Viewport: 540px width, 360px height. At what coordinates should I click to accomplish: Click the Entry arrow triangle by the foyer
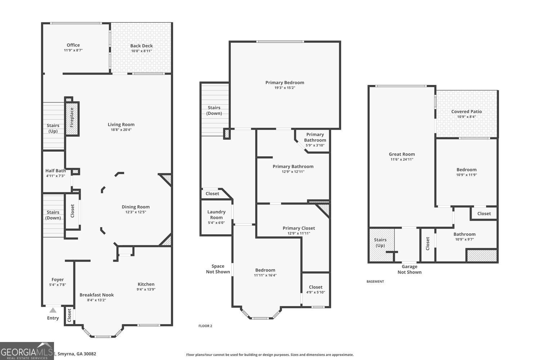click(x=53, y=310)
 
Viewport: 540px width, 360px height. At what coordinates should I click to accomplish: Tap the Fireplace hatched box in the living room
click(x=72, y=118)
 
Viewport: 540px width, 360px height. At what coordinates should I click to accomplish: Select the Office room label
click(x=73, y=45)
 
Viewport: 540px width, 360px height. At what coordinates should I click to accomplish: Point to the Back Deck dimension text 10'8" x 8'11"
click(x=141, y=51)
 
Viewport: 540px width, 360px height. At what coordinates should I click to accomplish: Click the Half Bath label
click(x=55, y=171)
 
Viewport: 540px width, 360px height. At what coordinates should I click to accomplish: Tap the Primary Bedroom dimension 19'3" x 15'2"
click(x=285, y=88)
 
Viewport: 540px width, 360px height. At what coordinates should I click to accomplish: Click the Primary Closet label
click(x=298, y=228)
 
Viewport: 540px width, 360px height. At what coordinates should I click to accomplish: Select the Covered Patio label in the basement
click(x=466, y=111)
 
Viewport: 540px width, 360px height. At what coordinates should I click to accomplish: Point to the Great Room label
click(x=402, y=154)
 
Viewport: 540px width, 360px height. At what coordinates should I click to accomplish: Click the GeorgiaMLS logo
click(x=27, y=351)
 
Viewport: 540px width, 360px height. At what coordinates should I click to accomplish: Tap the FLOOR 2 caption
click(x=205, y=326)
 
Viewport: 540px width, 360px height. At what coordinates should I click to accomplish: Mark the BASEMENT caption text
click(x=375, y=282)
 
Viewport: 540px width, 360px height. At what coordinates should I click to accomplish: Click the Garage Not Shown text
click(x=409, y=269)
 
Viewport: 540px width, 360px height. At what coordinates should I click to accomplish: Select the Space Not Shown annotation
click(x=218, y=269)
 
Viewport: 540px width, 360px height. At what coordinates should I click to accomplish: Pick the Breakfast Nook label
click(x=96, y=295)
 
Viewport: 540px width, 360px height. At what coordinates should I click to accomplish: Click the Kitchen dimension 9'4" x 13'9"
click(x=146, y=289)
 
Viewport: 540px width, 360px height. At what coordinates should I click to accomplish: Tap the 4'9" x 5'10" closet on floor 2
click(x=315, y=289)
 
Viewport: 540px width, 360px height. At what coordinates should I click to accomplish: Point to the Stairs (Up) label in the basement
click(x=380, y=243)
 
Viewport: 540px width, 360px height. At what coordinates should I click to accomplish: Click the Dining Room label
click(x=135, y=207)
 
